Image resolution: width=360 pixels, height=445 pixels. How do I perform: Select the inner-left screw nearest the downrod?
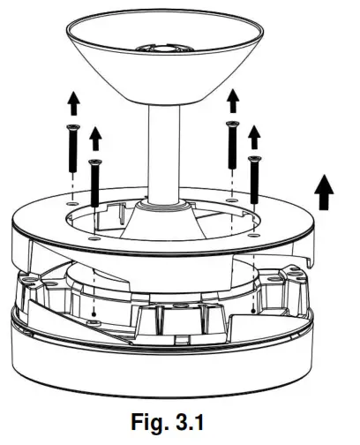94,182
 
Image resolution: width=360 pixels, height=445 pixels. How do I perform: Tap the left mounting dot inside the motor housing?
94,313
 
